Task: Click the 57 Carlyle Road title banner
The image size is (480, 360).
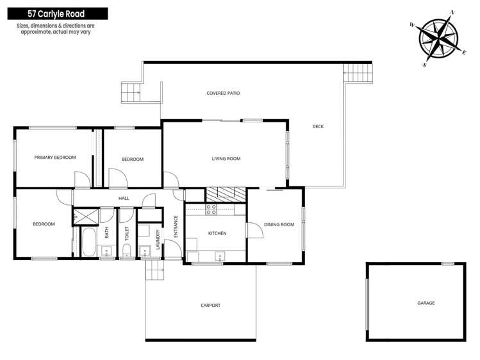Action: click(58, 13)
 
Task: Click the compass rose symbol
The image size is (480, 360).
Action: click(438, 38)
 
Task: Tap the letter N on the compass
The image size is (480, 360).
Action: click(452, 13)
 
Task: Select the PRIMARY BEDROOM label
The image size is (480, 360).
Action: click(55, 157)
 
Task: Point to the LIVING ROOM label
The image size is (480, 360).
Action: click(226, 158)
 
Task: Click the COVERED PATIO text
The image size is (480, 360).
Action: click(223, 93)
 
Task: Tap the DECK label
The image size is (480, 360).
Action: click(318, 126)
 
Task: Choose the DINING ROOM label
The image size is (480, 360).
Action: click(279, 224)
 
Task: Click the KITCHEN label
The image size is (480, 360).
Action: click(217, 233)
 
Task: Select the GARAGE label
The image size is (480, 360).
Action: click(426, 303)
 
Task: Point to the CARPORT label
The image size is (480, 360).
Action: click(211, 306)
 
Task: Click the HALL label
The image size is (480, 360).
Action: click(124, 198)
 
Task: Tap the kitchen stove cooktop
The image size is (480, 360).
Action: click(211, 209)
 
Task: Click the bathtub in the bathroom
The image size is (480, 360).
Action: click(89, 241)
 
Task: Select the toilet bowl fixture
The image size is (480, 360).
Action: click(126, 250)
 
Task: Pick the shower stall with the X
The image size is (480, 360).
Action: click(86, 217)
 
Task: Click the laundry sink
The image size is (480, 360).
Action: click(144, 251)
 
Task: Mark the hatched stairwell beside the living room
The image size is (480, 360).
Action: click(226, 195)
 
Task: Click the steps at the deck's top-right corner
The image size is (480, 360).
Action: click(358, 73)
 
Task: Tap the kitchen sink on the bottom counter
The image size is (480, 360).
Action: click(220, 256)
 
